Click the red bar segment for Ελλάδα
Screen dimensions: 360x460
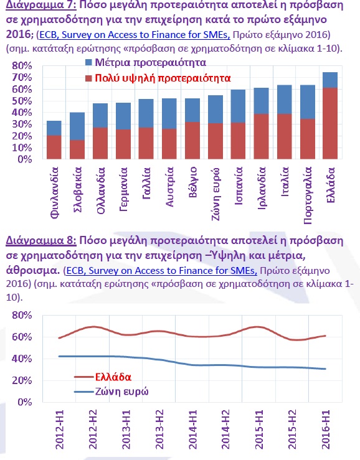(330, 123)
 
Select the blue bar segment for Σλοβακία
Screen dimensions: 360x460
(77, 126)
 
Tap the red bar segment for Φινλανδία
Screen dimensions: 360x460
(54, 148)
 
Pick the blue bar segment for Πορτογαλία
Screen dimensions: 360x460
(308, 102)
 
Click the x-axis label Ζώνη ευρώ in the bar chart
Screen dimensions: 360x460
(216, 194)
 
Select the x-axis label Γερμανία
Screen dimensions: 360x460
(123, 189)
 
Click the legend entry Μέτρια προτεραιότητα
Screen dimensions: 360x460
(146, 62)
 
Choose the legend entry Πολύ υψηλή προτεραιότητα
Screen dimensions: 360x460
(158, 78)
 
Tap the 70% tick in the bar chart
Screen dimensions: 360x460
(22, 77)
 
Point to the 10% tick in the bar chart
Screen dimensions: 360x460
(22, 148)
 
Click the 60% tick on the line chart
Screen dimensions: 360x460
(22, 337)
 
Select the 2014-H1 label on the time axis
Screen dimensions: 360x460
(192, 429)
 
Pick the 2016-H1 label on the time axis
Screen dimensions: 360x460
(326, 429)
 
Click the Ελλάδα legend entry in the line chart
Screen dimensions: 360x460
(103, 377)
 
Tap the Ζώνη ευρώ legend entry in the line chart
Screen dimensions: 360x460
(111, 392)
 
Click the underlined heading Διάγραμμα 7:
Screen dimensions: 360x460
(41, 5)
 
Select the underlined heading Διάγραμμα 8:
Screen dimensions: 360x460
(41, 240)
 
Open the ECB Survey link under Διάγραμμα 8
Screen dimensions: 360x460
(162, 270)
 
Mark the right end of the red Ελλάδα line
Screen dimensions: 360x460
(326, 336)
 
